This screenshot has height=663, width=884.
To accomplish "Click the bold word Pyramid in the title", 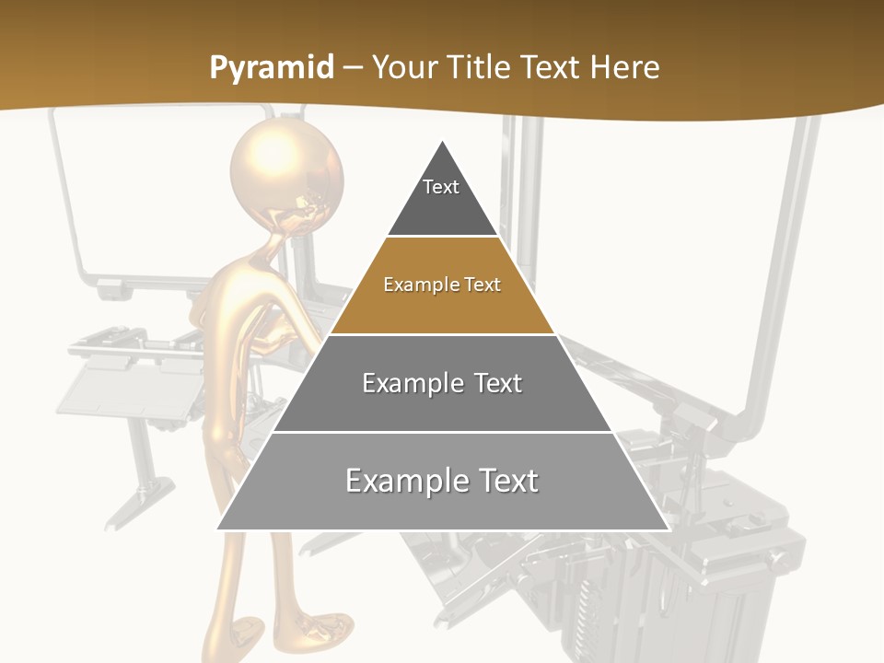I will click(271, 68).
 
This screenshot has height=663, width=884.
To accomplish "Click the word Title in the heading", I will click(479, 68).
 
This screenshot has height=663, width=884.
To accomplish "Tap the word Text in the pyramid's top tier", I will click(441, 187).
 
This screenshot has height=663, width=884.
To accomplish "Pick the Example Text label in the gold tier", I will click(442, 285).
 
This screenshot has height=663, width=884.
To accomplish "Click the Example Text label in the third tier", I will click(442, 383).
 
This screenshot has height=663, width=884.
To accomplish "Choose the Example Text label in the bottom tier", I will click(442, 481).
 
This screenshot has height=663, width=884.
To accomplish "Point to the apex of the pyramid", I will click(443, 142).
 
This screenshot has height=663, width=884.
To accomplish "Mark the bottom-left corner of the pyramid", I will click(218, 529).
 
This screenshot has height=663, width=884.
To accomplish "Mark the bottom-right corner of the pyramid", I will click(668, 529).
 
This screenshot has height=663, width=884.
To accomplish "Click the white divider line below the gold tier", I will click(442, 334).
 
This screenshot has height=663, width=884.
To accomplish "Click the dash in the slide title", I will click(353, 68).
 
